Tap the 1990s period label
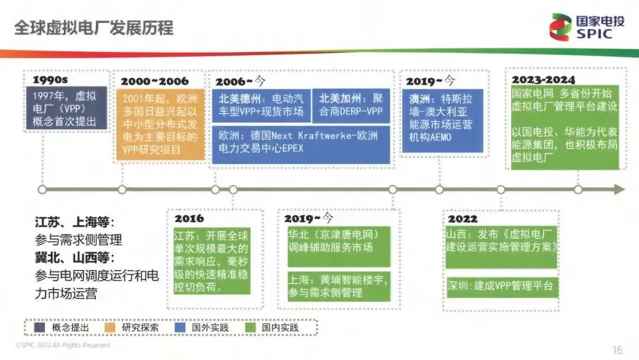pos(50,80)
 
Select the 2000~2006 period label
pos(154,81)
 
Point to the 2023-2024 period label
pos(543,79)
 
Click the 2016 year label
pos(189,219)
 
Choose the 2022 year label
pos(463,218)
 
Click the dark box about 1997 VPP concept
pos(66,108)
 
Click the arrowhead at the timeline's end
pos(619,189)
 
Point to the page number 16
pos(617,350)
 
